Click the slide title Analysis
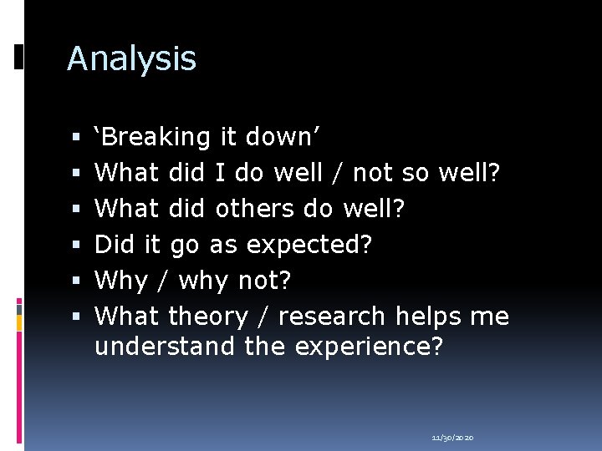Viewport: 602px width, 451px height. (x=131, y=58)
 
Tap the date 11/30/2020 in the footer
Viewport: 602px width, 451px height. (x=452, y=438)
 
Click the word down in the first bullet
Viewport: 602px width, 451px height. (x=288, y=137)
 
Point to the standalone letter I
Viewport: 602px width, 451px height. (x=220, y=173)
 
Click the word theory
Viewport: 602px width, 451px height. (x=208, y=317)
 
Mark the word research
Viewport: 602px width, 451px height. (x=332, y=317)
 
